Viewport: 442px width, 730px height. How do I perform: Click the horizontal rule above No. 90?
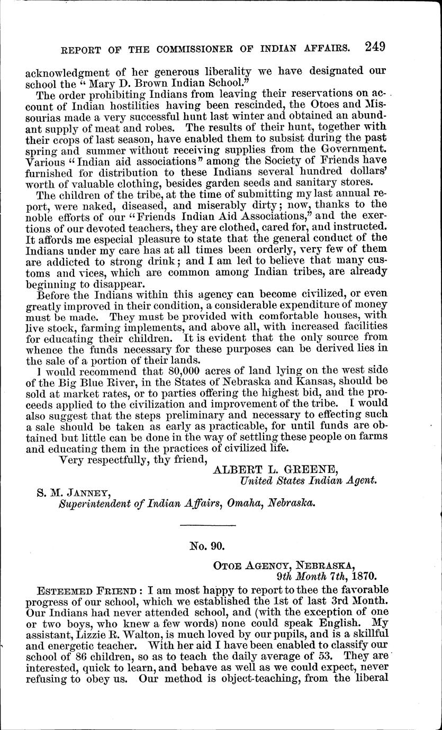click(208, 525)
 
